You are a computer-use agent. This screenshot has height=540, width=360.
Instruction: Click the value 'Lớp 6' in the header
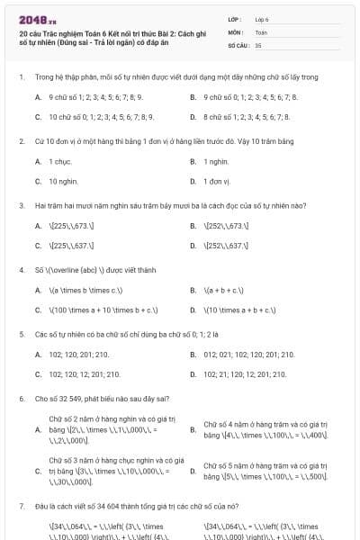tap(262, 18)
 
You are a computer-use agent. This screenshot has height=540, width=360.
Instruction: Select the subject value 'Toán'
tap(261, 31)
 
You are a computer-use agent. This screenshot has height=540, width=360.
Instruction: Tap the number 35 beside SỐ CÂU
tap(258, 43)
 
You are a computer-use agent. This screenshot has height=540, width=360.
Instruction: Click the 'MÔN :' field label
tap(237, 31)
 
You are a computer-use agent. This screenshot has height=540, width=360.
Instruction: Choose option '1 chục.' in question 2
tap(60, 161)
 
